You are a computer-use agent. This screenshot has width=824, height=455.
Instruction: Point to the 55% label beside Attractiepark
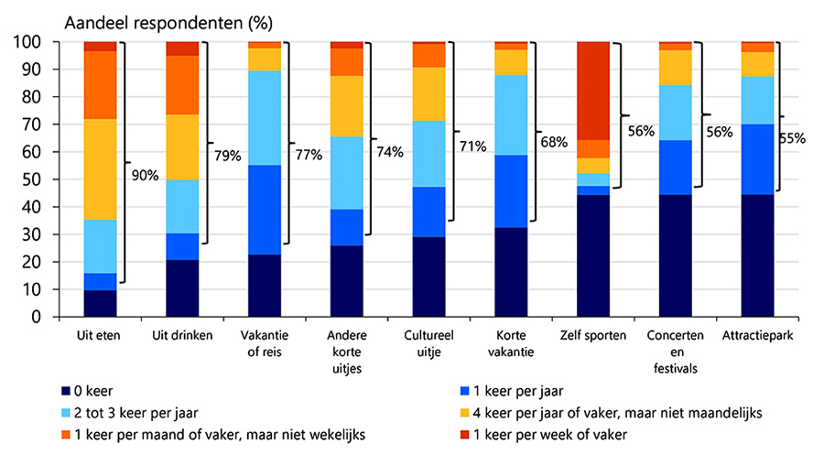tap(793, 139)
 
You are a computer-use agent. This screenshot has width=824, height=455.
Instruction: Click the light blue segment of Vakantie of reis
tap(265, 118)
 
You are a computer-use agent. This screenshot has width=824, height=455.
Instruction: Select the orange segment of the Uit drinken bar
tap(182, 85)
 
